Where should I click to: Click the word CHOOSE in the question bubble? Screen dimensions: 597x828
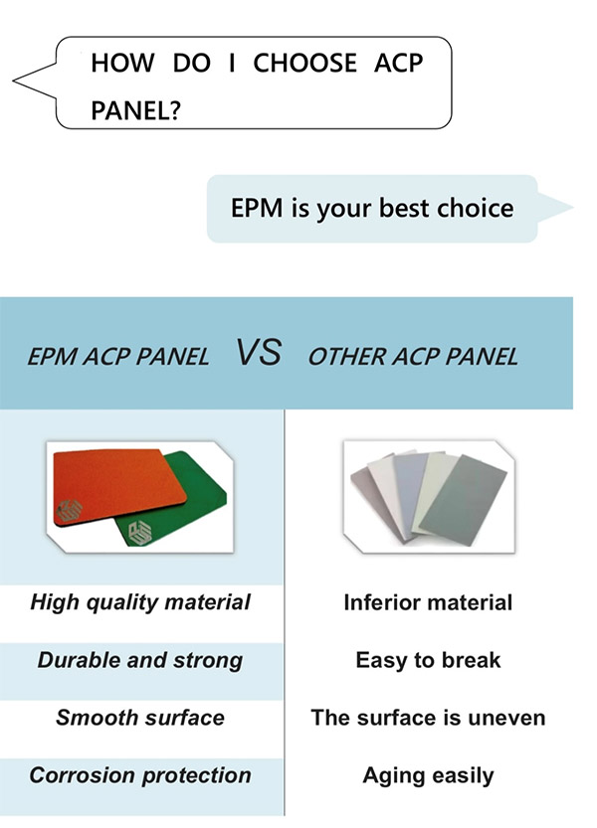pos(304,63)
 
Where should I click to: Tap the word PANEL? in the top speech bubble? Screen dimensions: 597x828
pos(136,110)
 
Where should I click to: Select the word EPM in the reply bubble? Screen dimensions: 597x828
pos(257,208)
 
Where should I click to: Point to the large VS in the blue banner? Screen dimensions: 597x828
pos(259,352)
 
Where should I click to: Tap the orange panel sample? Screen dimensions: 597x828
pos(119,487)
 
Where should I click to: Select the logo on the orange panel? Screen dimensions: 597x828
pos(70,510)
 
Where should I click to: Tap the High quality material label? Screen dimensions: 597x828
pos(140,602)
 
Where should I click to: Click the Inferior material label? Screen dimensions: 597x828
pos(428,602)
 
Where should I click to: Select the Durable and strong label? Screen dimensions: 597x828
pos(140,661)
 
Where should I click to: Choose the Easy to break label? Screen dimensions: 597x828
pos(428,661)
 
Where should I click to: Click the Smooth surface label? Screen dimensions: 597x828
pos(140,718)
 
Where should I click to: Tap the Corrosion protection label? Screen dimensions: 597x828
pos(140,775)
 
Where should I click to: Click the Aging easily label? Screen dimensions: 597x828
pos(428,776)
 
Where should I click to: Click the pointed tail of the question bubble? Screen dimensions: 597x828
pos(14,81)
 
